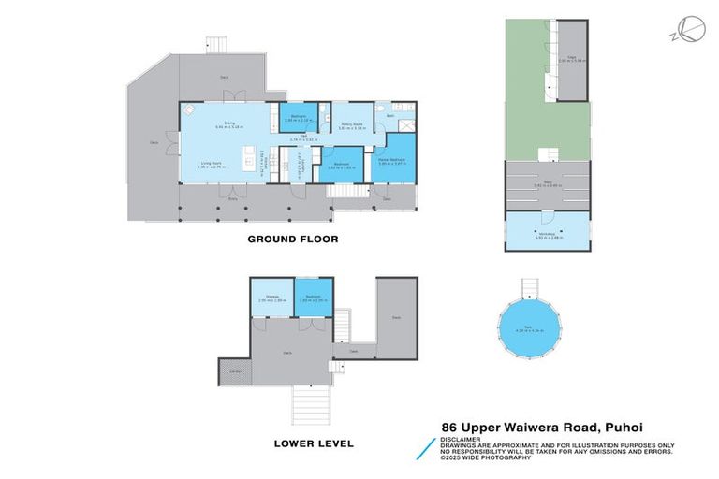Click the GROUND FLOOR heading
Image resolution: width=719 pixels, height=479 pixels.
click(x=292, y=239)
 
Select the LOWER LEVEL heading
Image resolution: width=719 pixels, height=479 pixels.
click(x=313, y=442)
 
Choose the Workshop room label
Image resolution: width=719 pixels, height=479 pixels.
click(x=546, y=236)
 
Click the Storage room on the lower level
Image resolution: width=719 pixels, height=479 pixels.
click(x=271, y=299)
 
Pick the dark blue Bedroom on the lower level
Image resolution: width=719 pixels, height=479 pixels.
click(x=312, y=299)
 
